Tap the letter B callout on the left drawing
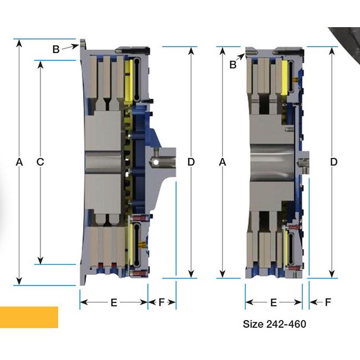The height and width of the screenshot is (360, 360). (56, 49)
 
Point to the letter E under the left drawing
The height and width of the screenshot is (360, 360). (114, 302)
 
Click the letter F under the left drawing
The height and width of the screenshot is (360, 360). (162, 302)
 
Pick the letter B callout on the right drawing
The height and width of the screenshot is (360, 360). (233, 64)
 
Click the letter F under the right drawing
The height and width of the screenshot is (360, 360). (328, 302)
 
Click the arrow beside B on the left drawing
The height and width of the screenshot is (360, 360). (70, 48)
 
